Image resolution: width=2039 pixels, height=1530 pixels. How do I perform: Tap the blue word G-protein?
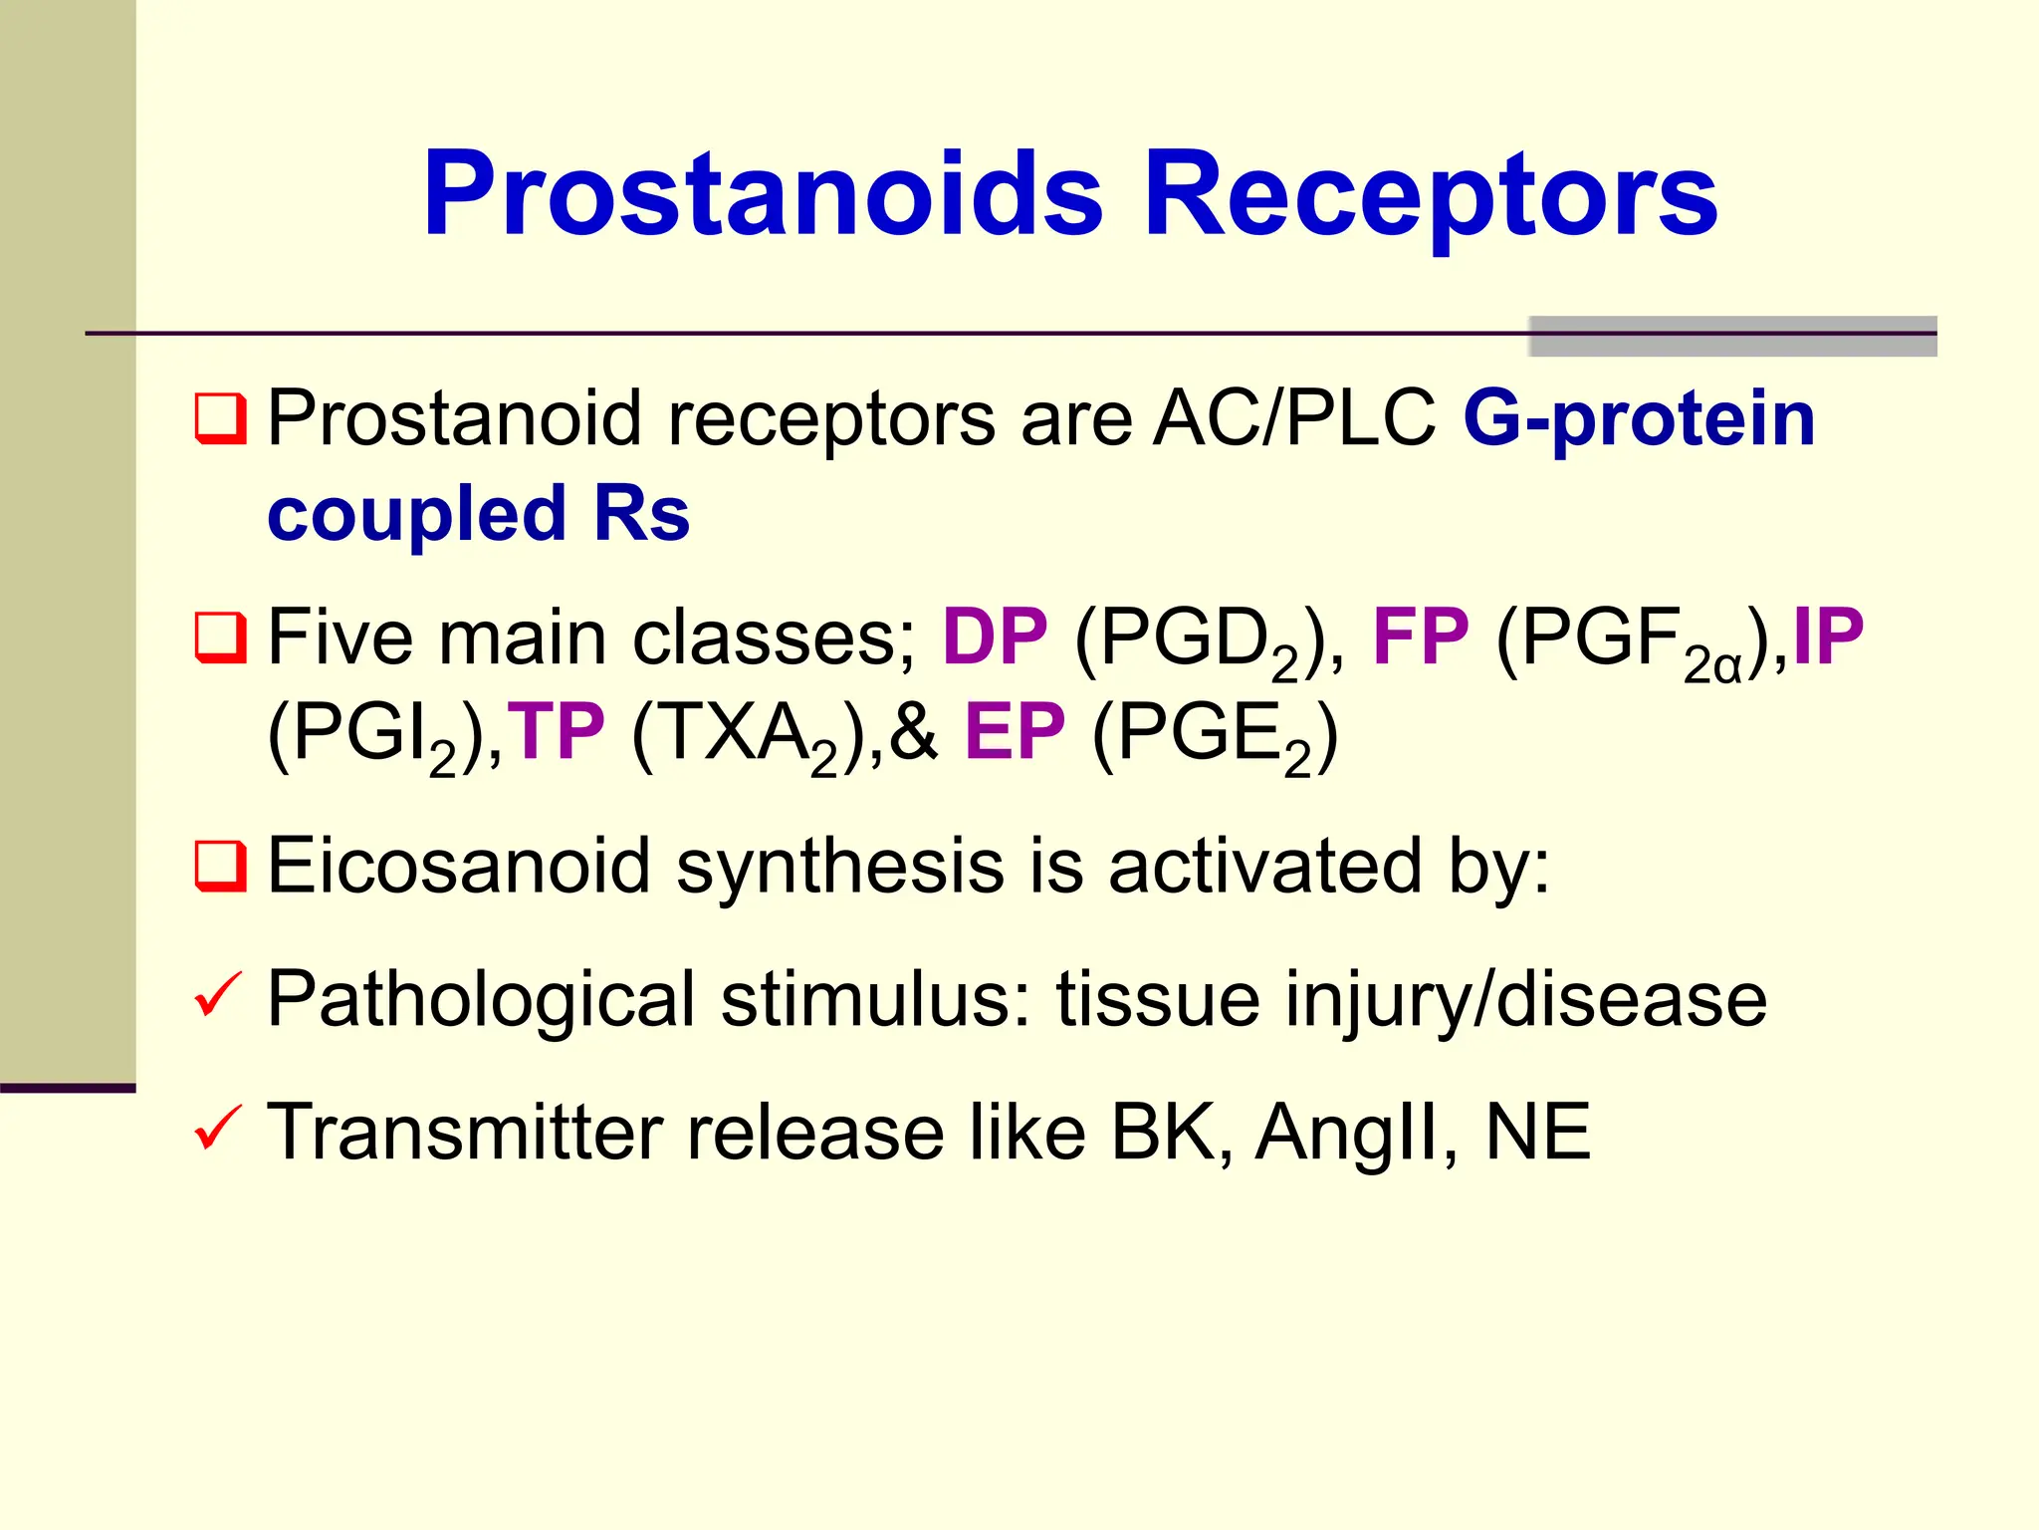point(1639,418)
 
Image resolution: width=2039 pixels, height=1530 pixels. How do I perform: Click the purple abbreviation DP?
point(995,637)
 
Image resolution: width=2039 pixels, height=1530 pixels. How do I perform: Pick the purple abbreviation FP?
point(1421,637)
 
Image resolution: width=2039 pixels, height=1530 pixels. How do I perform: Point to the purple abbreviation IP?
point(1827,637)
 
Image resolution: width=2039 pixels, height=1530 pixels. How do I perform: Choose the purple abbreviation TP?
point(556,732)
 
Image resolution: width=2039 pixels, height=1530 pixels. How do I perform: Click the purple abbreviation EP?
point(1015,732)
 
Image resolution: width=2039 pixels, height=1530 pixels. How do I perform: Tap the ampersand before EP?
point(914,732)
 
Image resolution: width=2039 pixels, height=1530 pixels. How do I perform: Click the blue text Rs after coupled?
point(641,515)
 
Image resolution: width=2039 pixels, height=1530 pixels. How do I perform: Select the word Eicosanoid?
point(458,866)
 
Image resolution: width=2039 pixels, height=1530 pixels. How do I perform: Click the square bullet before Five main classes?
point(220,638)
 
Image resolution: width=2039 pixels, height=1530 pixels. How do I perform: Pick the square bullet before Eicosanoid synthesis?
point(220,867)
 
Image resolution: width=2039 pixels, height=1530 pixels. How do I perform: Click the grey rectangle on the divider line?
point(1732,337)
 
